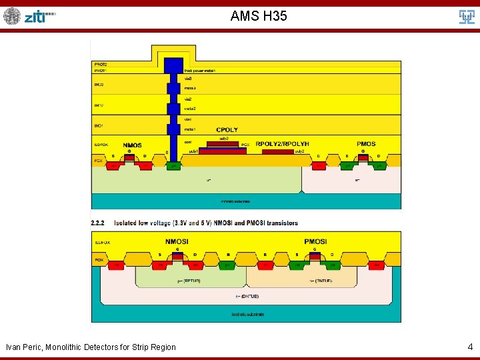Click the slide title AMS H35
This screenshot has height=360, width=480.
[259, 15]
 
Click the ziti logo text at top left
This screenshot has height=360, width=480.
[39, 16]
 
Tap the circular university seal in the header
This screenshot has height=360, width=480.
[12, 16]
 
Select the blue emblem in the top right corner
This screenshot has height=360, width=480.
[467, 16]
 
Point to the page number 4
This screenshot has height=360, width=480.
[470, 347]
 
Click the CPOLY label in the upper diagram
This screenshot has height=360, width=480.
[227, 129]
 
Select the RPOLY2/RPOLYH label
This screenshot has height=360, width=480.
[282, 144]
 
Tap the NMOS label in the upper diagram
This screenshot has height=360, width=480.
[132, 145]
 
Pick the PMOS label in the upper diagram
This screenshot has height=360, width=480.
[366, 144]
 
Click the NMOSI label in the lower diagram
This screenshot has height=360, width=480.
[177, 241]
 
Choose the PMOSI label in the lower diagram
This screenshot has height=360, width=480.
[315, 241]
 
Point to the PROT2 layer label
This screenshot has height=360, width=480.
[100, 64]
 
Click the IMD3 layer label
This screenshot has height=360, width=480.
[99, 85]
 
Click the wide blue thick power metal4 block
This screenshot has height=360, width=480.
[173, 66]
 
